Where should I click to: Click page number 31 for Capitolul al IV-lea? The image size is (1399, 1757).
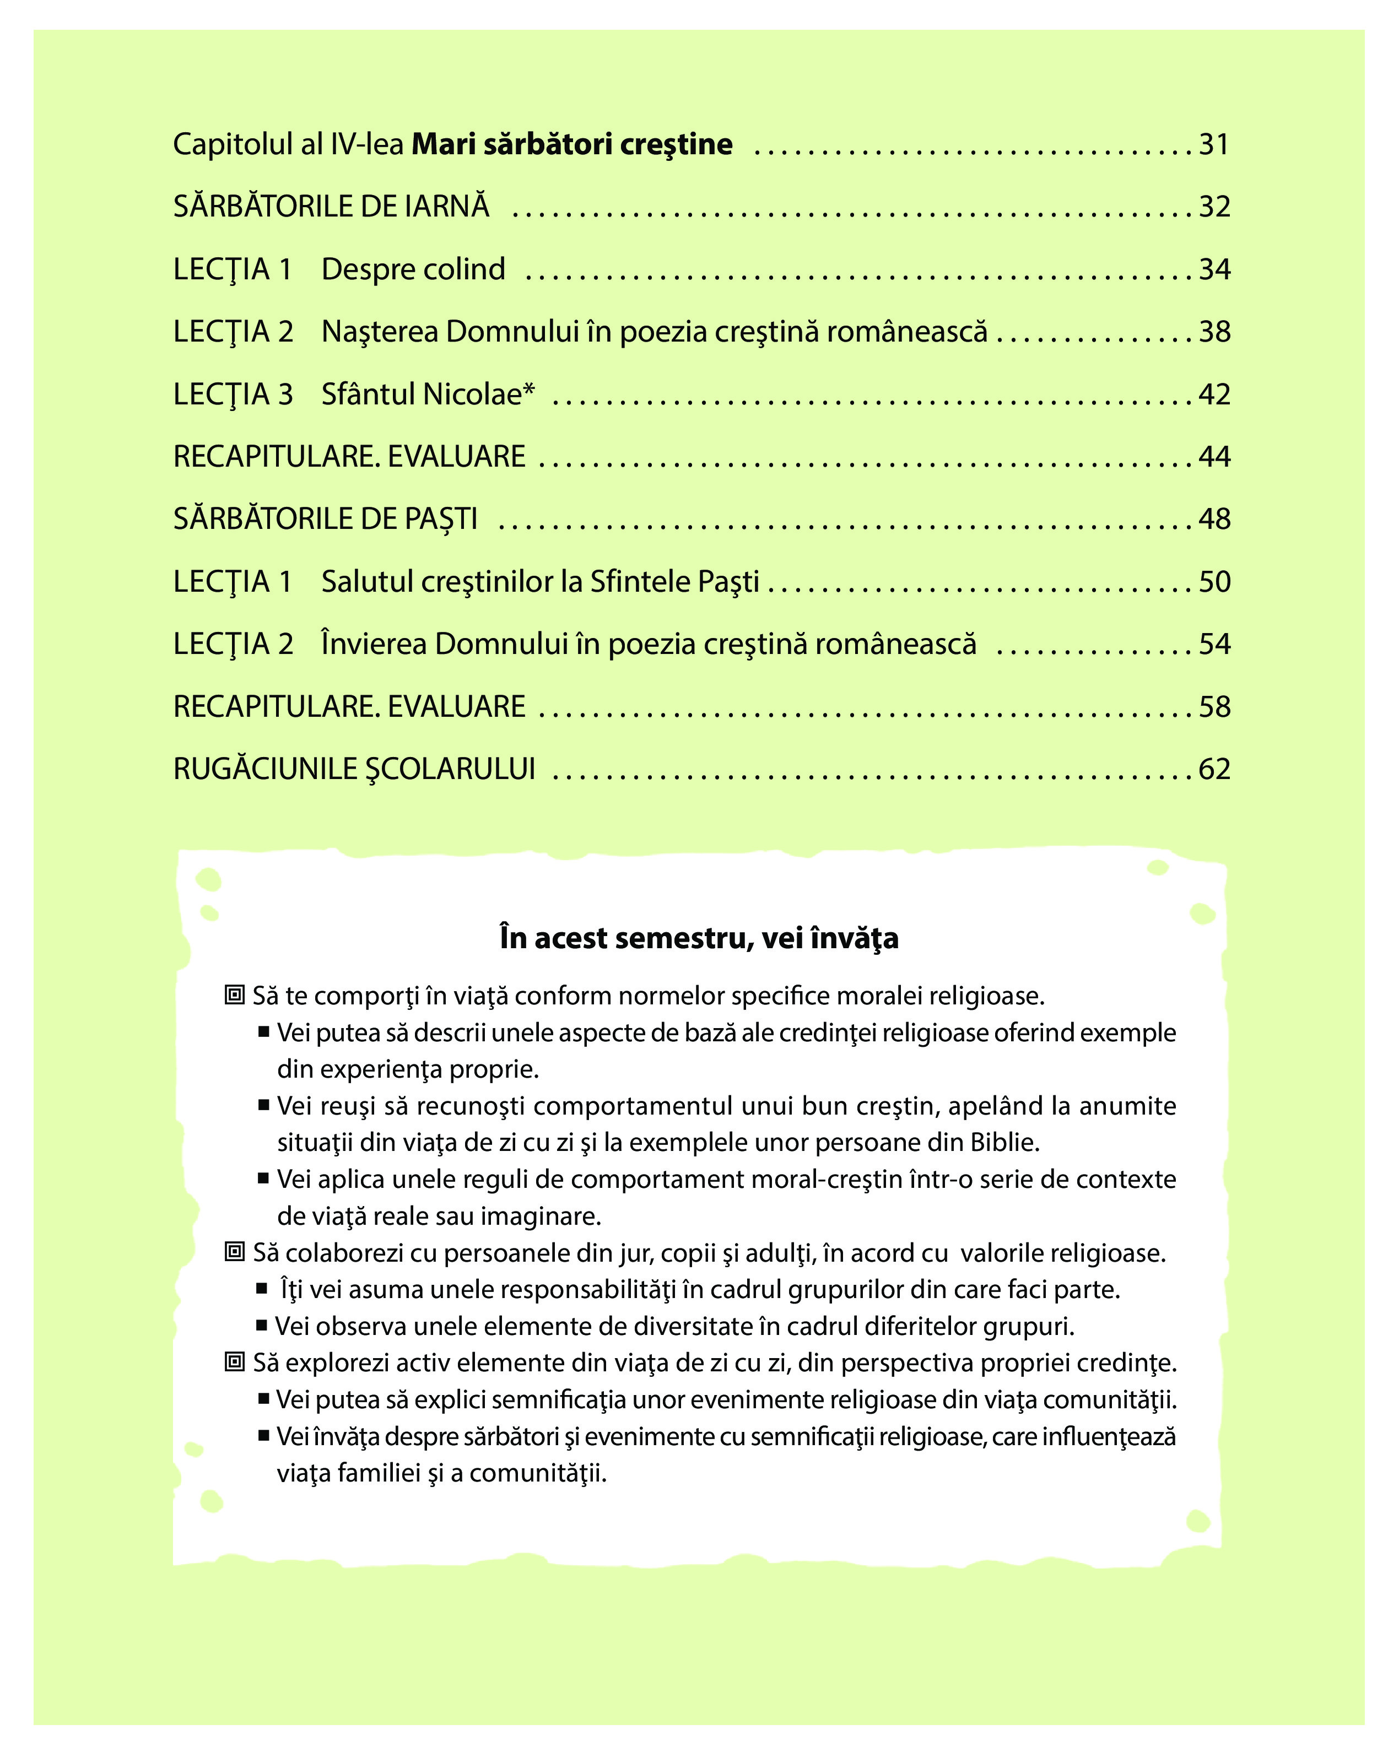click(1213, 144)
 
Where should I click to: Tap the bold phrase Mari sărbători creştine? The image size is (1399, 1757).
click(572, 144)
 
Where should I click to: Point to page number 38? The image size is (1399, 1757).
click(1214, 332)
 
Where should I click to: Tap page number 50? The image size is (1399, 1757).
click(1214, 582)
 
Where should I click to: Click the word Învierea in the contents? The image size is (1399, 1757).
click(374, 645)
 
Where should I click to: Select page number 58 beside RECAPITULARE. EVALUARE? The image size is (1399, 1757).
click(1214, 706)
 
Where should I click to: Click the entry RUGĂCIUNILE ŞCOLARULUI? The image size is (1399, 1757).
click(354, 769)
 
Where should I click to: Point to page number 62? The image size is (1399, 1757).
click(1214, 769)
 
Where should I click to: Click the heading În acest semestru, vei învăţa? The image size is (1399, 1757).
click(699, 938)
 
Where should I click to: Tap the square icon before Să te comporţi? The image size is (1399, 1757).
click(235, 995)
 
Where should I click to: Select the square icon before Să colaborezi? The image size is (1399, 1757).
click(235, 1252)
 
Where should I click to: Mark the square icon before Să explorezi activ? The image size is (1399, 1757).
click(235, 1362)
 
